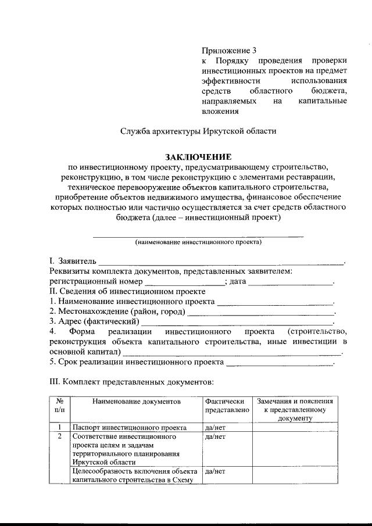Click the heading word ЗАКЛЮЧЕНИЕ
tap(198, 157)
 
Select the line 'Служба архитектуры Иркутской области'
tap(198, 131)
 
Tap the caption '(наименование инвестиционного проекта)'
tap(198, 242)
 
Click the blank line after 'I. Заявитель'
tap(221, 262)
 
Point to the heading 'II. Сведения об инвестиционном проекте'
tap(127, 291)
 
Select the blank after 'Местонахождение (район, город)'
tap(262, 312)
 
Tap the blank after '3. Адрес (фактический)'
tap(238, 321)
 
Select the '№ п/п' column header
tap(59, 406)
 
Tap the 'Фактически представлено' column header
tap(227, 406)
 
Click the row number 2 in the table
tap(59, 435)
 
